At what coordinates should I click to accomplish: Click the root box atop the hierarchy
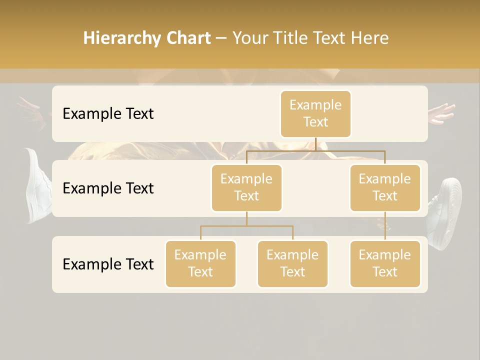click(x=315, y=113)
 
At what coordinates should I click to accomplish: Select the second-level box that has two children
click(x=246, y=187)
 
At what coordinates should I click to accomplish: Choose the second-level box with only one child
click(x=385, y=187)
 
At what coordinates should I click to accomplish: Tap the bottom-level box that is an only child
click(x=385, y=263)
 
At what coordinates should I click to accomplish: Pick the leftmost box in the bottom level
click(x=200, y=263)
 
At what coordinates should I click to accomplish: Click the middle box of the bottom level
click(x=292, y=263)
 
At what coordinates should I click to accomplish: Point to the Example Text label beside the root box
click(x=108, y=113)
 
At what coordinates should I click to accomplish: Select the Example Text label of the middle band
click(x=108, y=188)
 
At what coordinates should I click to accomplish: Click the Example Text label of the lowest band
click(x=108, y=264)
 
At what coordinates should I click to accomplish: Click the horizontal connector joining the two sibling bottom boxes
click(x=246, y=226)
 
